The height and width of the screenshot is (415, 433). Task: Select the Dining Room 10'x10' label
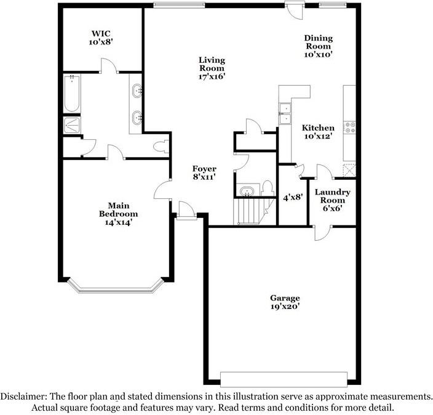pos(318,46)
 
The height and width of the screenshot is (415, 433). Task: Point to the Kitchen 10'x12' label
pos(318,132)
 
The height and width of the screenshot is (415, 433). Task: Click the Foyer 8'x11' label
pos(204,172)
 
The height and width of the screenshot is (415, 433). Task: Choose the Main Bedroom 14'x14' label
pos(118,214)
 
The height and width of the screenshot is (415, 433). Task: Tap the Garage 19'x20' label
pos(284,302)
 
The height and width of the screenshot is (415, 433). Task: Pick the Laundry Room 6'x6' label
pos(333,200)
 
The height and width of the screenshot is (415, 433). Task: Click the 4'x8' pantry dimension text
pos(292,198)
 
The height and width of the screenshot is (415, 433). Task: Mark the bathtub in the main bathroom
pos(72,94)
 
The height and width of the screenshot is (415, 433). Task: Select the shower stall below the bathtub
pos(72,125)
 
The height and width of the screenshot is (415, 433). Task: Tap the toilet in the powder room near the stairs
pos(268,187)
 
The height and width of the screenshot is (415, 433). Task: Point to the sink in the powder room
pos(246,191)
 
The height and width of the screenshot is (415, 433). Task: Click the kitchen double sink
pos(285,113)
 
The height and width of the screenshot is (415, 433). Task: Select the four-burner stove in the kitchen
pos(350,128)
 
